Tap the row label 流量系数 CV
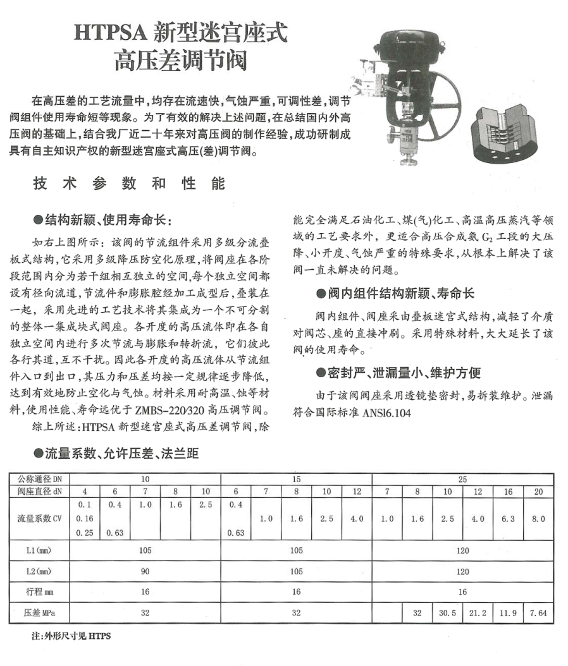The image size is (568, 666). tap(39, 519)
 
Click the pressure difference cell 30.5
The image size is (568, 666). tap(447, 612)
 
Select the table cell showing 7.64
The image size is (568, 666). tap(538, 612)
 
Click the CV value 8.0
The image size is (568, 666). tap(538, 519)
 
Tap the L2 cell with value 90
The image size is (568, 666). tap(145, 571)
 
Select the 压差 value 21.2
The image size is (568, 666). tap(478, 612)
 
